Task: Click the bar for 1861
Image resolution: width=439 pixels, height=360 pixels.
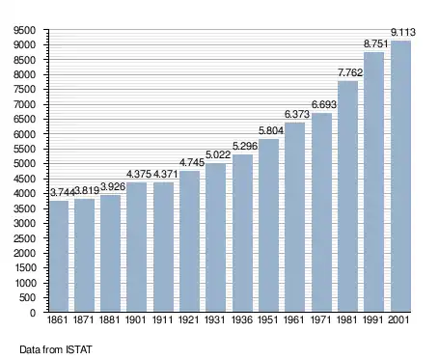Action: point(59,256)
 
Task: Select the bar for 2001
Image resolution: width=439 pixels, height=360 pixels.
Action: point(400,177)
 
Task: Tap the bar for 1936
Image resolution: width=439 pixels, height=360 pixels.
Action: point(242,234)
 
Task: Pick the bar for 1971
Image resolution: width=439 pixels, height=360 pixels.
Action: point(321,212)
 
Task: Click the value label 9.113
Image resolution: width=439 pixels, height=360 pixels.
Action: point(403,32)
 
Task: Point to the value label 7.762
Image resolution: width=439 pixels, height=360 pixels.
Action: point(350,72)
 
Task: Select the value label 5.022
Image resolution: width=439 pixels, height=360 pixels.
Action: point(218,154)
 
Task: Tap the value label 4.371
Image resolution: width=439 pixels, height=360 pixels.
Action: point(165,174)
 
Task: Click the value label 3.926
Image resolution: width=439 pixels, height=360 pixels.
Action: point(113,186)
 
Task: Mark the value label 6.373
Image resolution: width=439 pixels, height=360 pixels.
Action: point(297,114)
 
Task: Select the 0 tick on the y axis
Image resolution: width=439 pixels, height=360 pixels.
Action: point(33,313)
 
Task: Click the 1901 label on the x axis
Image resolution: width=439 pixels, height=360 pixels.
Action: point(135,319)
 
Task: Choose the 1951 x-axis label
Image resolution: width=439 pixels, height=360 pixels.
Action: point(267,319)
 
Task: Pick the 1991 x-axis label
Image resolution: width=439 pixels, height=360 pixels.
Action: point(373,319)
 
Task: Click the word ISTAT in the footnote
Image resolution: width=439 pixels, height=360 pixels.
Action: point(79,349)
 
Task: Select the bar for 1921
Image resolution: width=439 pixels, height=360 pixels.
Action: point(189,241)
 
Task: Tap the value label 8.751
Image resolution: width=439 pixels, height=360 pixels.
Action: point(375,43)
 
